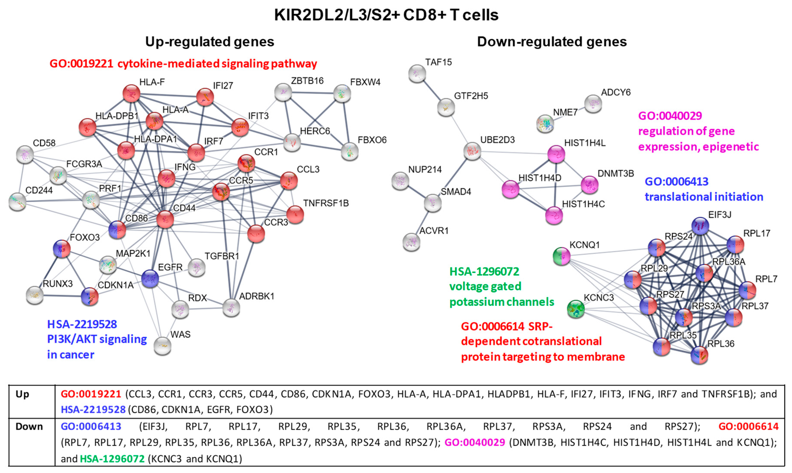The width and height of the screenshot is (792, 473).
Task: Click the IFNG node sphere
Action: pyautogui.click(x=166, y=178)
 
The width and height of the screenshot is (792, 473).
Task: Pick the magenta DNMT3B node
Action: pyautogui.click(x=590, y=185)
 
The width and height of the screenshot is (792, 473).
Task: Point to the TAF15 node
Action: pyautogui.click(x=417, y=74)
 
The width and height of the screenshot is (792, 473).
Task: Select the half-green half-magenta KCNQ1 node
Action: pyautogui.click(x=561, y=256)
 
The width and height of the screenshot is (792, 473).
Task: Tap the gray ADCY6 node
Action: pyautogui.click(x=593, y=104)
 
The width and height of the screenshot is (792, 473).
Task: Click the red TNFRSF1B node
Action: pyautogui.click(x=295, y=214)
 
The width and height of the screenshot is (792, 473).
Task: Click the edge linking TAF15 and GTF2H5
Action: pyautogui.click(x=431, y=90)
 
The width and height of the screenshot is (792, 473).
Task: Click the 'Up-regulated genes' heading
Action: pyautogui.click(x=209, y=42)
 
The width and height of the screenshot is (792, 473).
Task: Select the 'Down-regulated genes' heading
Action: pyautogui.click(x=552, y=42)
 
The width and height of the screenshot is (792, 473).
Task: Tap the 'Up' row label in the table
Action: pyautogui.click(x=22, y=394)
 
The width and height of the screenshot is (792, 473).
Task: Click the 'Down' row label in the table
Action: pyautogui.click(x=29, y=427)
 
